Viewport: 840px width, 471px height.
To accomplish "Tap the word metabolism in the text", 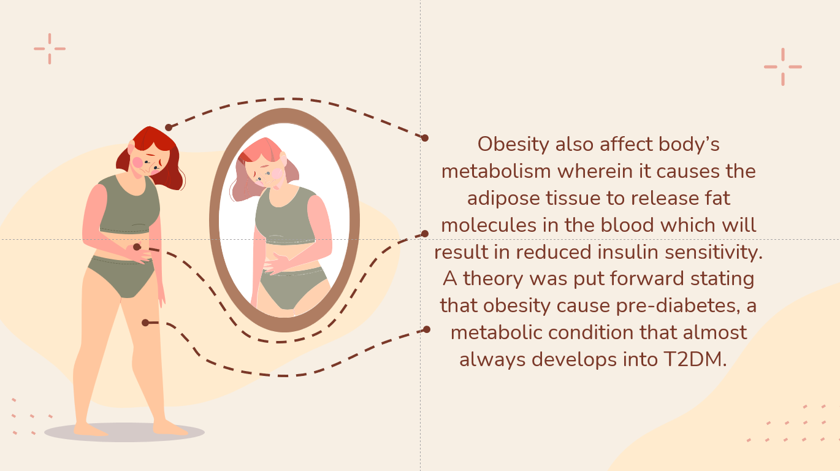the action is coord(496,171).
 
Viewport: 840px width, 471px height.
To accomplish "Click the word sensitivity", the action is coord(714,253).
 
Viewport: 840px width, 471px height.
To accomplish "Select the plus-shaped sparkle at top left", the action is coord(50,48).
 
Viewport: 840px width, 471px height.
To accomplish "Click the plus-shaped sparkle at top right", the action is coord(783,67).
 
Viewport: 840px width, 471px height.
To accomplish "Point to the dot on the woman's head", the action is coord(169,128).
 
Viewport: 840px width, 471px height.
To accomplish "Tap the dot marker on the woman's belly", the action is coord(137,247).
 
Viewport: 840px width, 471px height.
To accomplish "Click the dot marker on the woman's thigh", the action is coord(145,323).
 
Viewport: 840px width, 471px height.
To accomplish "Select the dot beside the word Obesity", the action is coord(424,137).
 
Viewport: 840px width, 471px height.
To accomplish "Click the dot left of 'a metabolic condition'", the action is coord(426,329).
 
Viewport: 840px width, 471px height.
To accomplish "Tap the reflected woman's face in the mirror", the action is coord(265,173).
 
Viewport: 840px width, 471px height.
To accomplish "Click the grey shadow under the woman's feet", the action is coord(124,432).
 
